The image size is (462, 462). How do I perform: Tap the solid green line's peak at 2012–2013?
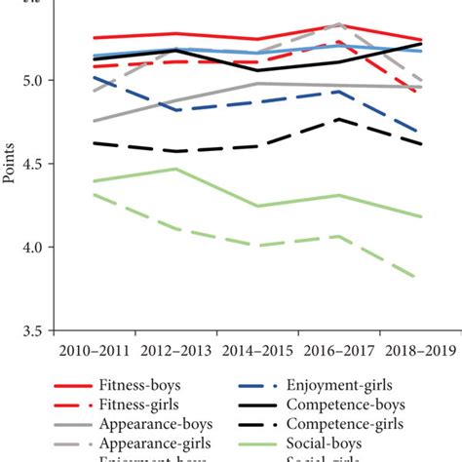click(x=174, y=169)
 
